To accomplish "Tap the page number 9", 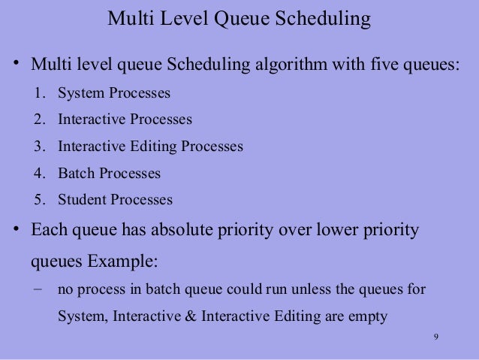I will [x=435, y=336].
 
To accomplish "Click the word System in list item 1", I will [x=80, y=94].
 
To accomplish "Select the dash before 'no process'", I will [x=38, y=289].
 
